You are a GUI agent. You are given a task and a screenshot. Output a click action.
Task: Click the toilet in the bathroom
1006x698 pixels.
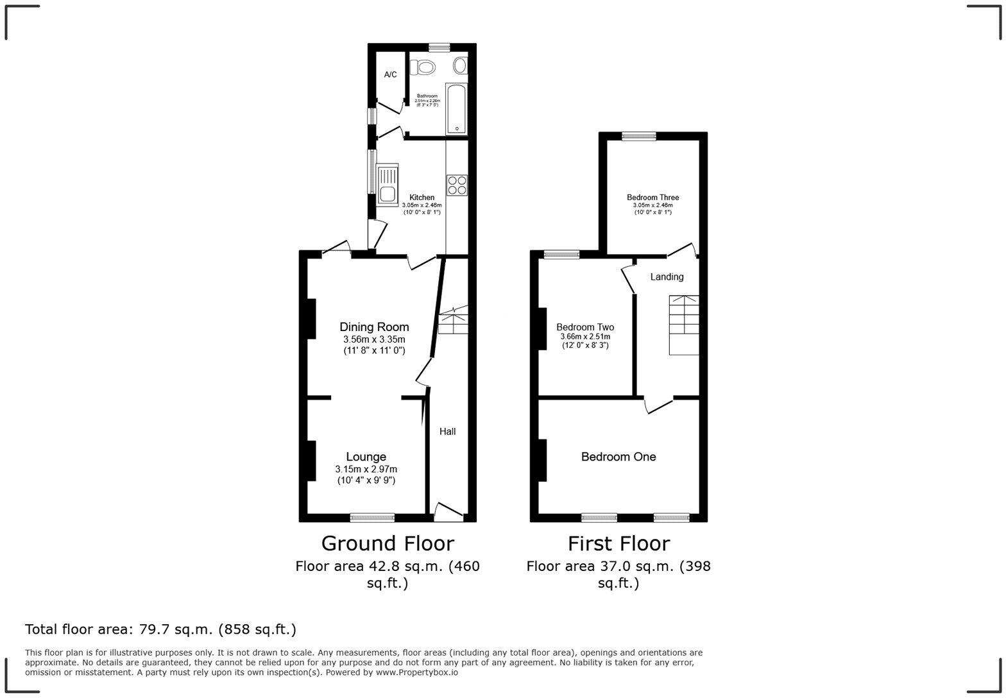click(423, 66)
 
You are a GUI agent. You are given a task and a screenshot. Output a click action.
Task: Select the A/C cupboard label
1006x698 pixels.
click(390, 75)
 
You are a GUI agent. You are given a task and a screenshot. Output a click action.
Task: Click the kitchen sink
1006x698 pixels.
click(388, 185)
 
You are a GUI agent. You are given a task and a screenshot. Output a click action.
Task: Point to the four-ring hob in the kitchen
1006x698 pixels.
click(457, 185)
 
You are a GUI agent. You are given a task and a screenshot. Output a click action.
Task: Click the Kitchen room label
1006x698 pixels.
click(422, 198)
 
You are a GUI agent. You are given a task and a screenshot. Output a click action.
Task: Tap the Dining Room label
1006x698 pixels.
click(374, 327)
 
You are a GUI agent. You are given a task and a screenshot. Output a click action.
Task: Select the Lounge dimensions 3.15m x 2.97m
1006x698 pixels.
click(366, 469)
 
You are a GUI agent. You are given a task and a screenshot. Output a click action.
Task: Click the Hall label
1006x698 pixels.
click(447, 432)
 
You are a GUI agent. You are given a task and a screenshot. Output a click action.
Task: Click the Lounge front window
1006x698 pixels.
click(372, 517)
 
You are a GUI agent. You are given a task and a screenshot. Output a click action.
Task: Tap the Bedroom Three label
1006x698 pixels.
click(652, 198)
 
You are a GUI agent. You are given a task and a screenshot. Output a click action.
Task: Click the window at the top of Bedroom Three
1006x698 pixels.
click(638, 136)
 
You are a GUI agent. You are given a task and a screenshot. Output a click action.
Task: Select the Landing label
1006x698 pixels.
click(667, 277)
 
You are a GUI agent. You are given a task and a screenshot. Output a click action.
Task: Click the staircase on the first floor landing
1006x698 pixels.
click(684, 325)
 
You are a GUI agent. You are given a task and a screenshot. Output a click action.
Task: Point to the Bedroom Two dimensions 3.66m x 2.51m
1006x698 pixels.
click(584, 336)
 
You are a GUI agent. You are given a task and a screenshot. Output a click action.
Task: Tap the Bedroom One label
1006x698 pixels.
click(618, 457)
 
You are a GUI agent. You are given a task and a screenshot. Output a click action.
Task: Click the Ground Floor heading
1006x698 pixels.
click(388, 543)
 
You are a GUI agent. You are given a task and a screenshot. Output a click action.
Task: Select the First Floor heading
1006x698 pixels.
click(618, 543)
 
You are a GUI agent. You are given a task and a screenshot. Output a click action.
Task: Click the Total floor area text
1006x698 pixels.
click(160, 629)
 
